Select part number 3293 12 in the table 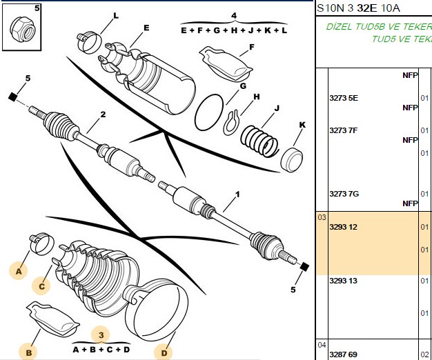343,227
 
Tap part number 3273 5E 344,98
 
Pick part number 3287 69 343,354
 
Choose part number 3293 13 343,281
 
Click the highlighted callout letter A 19,271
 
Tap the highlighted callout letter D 164,353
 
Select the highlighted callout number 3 101,335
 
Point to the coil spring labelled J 259,141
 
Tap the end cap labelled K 291,159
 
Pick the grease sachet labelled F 226,64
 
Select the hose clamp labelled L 89,42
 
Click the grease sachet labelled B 53,319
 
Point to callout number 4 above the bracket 234,15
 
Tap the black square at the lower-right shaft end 304,266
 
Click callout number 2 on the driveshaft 103,114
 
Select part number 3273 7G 344,194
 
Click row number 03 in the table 322,217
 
